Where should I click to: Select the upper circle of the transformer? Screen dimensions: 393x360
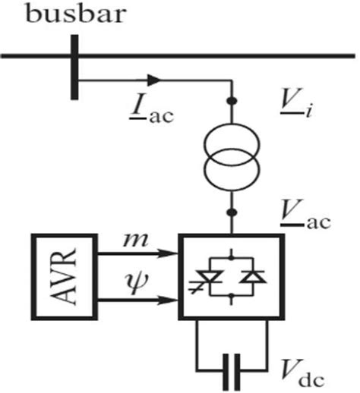coord(230,145)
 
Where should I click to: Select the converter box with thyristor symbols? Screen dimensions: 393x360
coord(231,277)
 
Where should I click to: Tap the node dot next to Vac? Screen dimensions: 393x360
coord(230,215)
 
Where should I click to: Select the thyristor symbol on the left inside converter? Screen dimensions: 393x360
coord(210,280)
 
